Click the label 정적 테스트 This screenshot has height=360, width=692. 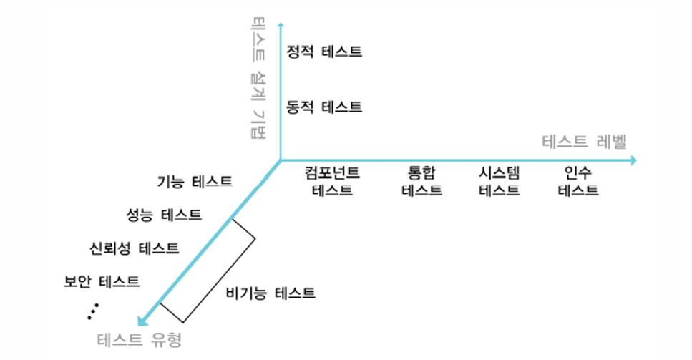pos(324,52)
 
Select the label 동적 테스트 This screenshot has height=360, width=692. pos(324,107)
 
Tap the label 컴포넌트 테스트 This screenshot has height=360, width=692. pos(332,181)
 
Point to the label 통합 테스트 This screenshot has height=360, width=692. pos(421,181)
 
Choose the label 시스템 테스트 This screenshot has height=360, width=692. pos(499,181)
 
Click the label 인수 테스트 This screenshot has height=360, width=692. pos(578,181)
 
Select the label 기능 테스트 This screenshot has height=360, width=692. pos(195,181)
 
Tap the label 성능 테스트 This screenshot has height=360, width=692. pos(164,215)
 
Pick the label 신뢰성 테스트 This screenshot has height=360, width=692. pos(134,248)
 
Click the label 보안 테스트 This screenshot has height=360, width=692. pos(102,281)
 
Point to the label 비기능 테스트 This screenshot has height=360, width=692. pos(271,293)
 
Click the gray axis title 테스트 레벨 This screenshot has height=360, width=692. pos(585,142)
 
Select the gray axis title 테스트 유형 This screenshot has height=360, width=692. pos(140,340)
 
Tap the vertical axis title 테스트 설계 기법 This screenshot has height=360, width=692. pos(258,77)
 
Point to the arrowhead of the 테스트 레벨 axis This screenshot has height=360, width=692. pos(633,160)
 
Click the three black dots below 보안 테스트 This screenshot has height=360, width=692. pos(93,311)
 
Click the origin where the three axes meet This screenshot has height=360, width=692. pos(281,160)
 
